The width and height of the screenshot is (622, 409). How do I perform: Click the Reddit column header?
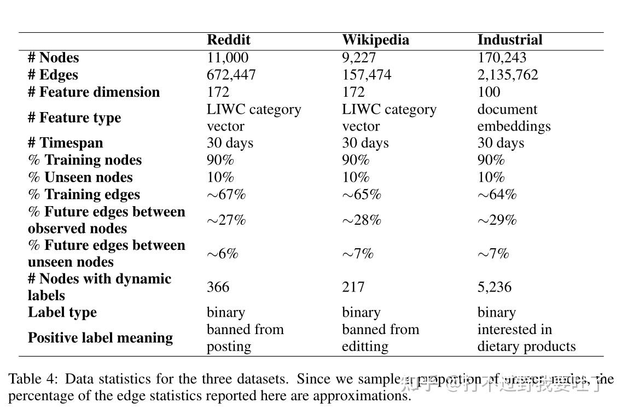(228, 40)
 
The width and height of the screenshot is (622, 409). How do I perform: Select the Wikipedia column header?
(375, 40)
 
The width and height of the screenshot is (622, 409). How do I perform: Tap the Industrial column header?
(509, 40)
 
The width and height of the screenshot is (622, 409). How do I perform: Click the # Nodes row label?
(53, 57)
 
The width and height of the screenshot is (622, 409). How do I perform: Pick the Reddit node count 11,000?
(227, 57)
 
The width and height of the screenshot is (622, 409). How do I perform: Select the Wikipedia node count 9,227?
(359, 57)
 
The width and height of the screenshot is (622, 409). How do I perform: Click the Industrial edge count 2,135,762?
(508, 75)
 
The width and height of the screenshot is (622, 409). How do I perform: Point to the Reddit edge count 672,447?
(231, 75)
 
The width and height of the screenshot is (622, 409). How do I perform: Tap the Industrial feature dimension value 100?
(489, 92)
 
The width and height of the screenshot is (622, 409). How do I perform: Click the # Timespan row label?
(65, 143)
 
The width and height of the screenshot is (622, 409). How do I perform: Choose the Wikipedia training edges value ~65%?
(362, 195)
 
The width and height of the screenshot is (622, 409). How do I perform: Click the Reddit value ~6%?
(222, 254)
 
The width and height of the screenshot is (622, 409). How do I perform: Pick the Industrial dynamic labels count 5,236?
(494, 287)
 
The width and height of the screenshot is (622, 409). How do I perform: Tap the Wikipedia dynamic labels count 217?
(353, 287)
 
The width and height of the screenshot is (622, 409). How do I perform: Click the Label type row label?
(62, 312)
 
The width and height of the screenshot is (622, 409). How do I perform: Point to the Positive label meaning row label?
(100, 338)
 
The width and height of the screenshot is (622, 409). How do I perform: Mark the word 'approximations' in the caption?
(361, 396)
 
